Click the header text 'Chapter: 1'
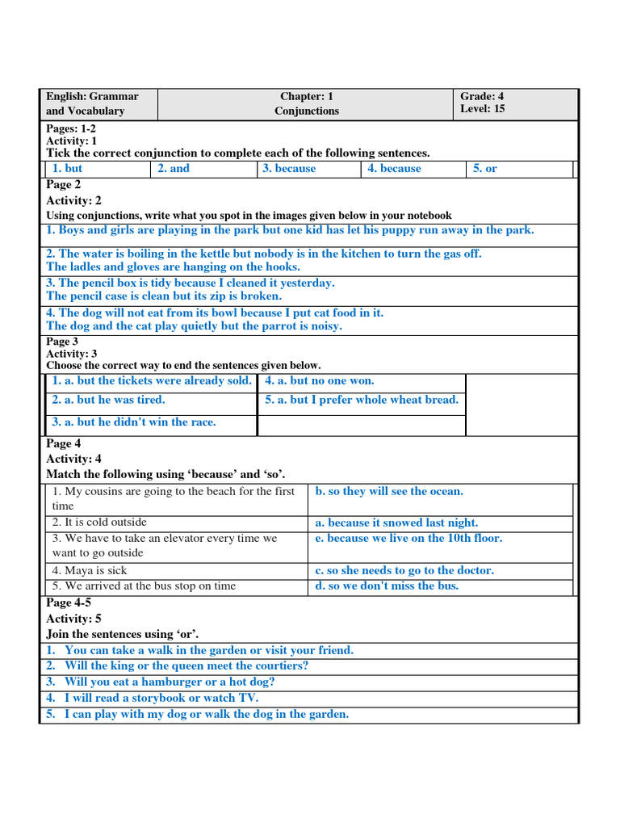(x=307, y=96)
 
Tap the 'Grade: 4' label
(x=482, y=96)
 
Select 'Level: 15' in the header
(x=483, y=109)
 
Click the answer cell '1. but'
(x=67, y=169)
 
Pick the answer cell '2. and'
(x=174, y=169)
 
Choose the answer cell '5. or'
(x=485, y=169)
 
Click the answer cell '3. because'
(x=289, y=169)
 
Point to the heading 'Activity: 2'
(x=73, y=200)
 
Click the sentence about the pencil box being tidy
(x=190, y=283)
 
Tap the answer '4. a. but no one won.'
(x=320, y=380)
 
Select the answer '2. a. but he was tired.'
(x=108, y=400)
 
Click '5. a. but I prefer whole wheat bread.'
(x=362, y=400)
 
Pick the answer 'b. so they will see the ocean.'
(x=389, y=491)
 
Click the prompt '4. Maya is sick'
(x=90, y=570)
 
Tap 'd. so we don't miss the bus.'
(x=387, y=586)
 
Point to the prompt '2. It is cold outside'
(x=99, y=523)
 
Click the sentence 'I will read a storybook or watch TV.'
(x=161, y=698)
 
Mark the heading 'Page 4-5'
(x=69, y=602)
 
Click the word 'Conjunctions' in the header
(x=307, y=111)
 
